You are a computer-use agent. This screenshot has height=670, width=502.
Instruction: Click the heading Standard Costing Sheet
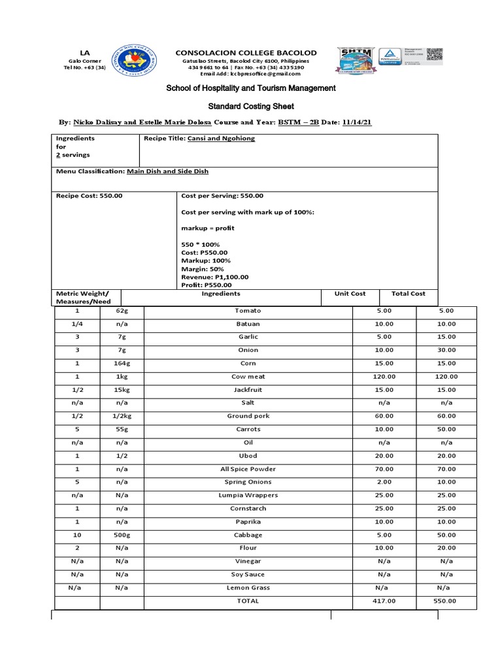251,106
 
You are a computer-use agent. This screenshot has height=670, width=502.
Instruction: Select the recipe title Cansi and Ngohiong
221,139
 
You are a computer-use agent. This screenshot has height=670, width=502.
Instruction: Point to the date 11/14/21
356,122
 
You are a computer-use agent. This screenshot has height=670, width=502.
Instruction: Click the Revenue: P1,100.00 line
214,277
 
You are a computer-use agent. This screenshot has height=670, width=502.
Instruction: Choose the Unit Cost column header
350,294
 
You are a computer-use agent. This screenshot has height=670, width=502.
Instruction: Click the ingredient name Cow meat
248,377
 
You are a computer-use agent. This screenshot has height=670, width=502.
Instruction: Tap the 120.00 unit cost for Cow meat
384,377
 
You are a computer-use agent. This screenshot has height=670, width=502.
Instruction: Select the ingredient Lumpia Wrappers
248,495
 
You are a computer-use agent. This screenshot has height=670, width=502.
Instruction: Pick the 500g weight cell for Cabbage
122,535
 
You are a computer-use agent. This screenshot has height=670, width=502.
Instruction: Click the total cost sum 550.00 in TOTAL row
446,601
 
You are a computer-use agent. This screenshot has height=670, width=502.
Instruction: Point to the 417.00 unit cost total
384,601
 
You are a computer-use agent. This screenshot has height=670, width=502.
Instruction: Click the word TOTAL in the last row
248,601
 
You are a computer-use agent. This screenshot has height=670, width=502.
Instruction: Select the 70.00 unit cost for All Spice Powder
384,469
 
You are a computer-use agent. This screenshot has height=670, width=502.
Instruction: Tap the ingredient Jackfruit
248,390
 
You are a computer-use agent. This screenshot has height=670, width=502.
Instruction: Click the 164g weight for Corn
122,363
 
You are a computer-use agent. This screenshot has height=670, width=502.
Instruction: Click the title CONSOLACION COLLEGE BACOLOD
245,52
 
